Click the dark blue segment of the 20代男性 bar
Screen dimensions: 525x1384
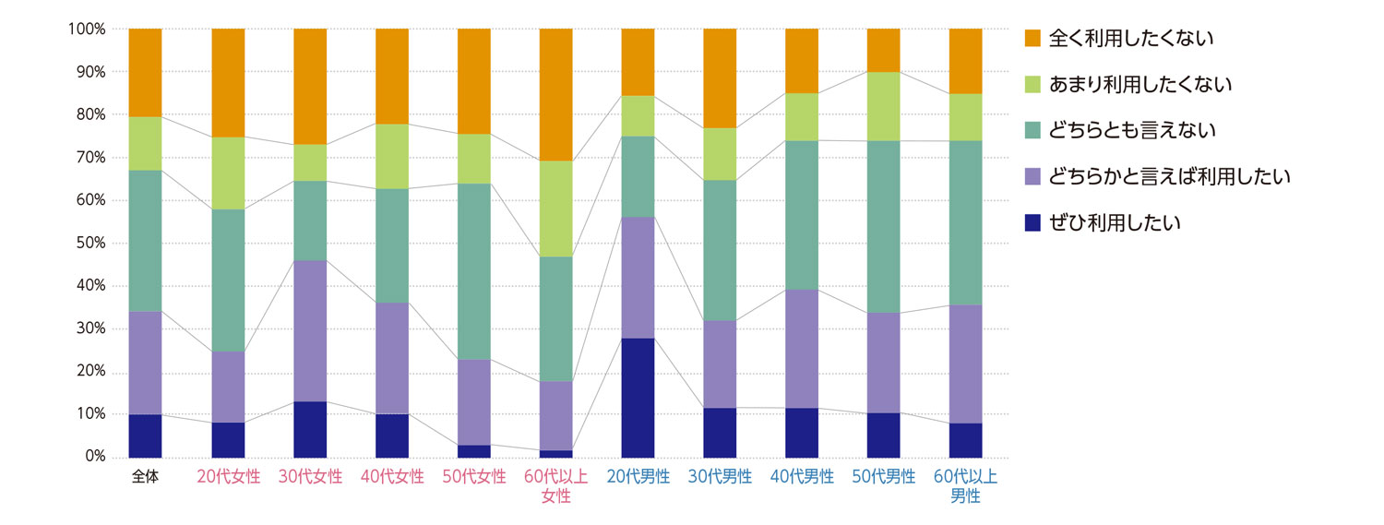point(638,398)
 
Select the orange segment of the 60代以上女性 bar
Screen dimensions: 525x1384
point(555,94)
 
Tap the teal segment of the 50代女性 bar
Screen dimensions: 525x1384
point(474,271)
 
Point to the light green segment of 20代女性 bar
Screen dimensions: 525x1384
point(228,173)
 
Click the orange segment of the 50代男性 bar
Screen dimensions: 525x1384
point(884,50)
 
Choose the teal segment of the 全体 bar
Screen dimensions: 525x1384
point(145,241)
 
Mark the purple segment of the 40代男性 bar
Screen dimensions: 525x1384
point(802,349)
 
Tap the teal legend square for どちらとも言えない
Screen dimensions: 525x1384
point(1032,131)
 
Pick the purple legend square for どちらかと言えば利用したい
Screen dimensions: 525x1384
point(1032,176)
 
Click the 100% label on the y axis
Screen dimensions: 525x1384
point(86,30)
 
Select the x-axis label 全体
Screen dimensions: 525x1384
point(145,478)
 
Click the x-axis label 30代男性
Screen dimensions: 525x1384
point(720,478)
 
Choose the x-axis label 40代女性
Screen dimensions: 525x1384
point(392,478)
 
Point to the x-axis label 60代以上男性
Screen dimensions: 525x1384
point(965,487)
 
